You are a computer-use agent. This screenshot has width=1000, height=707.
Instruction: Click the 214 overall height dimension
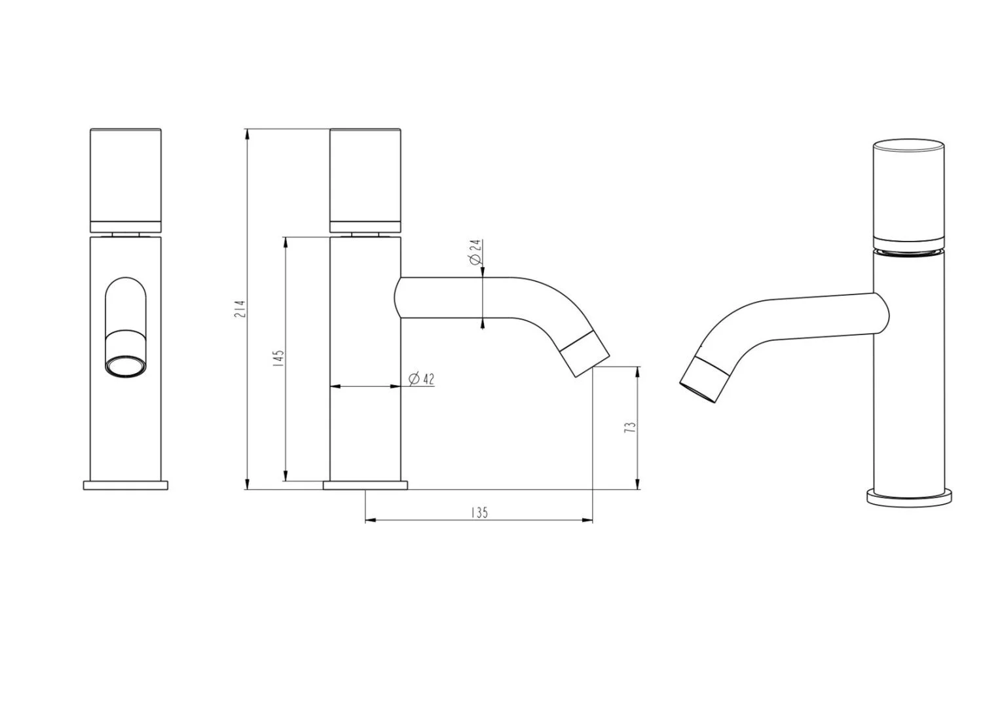(x=240, y=308)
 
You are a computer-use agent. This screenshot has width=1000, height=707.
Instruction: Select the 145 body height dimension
(x=278, y=358)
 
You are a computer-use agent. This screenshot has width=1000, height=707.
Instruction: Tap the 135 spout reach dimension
(x=479, y=513)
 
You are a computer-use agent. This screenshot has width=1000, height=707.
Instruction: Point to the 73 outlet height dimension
(x=630, y=428)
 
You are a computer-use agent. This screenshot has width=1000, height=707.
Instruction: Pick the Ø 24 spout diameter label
(x=475, y=253)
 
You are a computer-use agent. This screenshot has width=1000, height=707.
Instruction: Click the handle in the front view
(x=126, y=181)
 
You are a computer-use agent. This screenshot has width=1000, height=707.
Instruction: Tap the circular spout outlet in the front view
(x=126, y=367)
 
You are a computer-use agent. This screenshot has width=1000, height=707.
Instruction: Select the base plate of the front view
(x=126, y=486)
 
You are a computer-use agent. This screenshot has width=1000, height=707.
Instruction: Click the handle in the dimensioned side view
(x=365, y=181)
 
